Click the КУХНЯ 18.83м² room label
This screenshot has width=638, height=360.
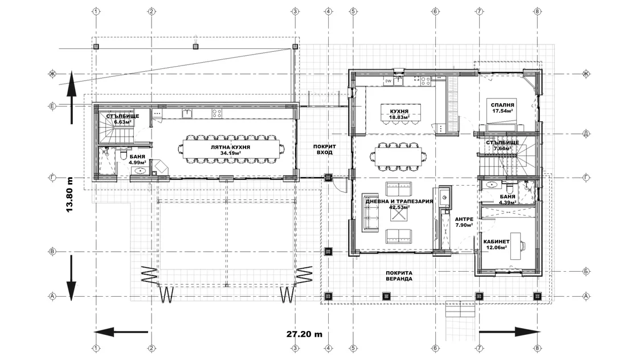(x=399, y=114)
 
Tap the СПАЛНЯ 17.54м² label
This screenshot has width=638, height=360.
(x=502, y=108)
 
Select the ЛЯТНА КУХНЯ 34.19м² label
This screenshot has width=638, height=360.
(x=230, y=150)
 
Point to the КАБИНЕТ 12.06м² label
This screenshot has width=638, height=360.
(x=496, y=244)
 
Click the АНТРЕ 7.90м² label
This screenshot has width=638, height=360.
(x=464, y=222)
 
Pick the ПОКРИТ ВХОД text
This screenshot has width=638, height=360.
(x=324, y=149)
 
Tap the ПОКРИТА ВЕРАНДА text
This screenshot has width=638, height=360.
(x=399, y=276)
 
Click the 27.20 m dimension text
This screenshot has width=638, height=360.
(x=304, y=334)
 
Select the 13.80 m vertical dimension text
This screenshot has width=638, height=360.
(x=69, y=194)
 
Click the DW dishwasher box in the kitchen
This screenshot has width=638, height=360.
(x=388, y=81)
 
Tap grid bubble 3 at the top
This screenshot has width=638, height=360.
(x=296, y=11)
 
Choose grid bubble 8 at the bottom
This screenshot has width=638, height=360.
(x=537, y=348)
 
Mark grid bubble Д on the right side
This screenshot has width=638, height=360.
(x=586, y=133)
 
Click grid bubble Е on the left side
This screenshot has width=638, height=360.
(x=52, y=106)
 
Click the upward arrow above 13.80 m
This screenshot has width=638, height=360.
(x=72, y=97)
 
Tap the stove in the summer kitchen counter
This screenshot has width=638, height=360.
(x=217, y=113)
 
